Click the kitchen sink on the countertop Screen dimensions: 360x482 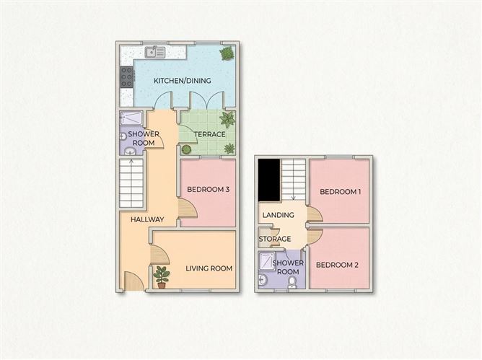coord(155,52)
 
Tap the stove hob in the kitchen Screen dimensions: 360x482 coord(127,76)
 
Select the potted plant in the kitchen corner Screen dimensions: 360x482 coord(227,53)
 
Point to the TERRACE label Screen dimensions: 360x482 coord(209,134)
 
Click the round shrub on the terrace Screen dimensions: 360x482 coord(186,149)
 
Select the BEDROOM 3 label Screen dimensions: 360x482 coord(208,190)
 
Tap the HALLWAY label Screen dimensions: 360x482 coord(147,219)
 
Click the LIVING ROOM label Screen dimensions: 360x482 coord(209,268)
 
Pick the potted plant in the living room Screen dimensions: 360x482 coord(162,276)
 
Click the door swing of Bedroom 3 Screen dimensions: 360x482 coord(187,209)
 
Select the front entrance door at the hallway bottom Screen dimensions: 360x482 coord(133,281)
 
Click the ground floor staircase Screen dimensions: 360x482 coord(131,184)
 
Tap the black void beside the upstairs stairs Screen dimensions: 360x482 coord(269,180)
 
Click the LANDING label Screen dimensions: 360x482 coord(278,215)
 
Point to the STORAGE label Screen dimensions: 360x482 coord(275,239)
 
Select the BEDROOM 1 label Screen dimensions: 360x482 coord(340,192)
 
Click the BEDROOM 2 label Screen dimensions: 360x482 coord(337,265)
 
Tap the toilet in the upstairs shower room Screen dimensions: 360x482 coord(292,281)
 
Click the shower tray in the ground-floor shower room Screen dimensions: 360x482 coord(131,119)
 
